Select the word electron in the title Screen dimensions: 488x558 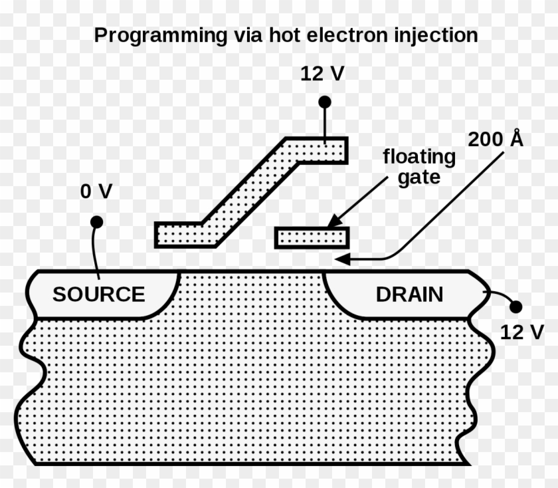tap(346, 36)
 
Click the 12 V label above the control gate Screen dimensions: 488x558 tap(323, 73)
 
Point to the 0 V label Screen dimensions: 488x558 tap(96, 191)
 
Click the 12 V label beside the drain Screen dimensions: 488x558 tap(521, 332)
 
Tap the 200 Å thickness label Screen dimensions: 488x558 tap(496, 140)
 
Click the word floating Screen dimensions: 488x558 tap(419, 158)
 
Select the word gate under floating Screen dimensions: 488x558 tap(419, 178)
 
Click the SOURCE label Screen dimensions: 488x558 tap(98, 294)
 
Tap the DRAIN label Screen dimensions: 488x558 tap(409, 294)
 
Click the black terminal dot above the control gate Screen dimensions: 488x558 tap(324, 102)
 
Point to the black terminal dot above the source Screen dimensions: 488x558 tap(96, 221)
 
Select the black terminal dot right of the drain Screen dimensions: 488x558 tap(515, 306)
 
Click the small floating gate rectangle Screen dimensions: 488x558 tap(312, 237)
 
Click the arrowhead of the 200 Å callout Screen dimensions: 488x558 tap(341, 259)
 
